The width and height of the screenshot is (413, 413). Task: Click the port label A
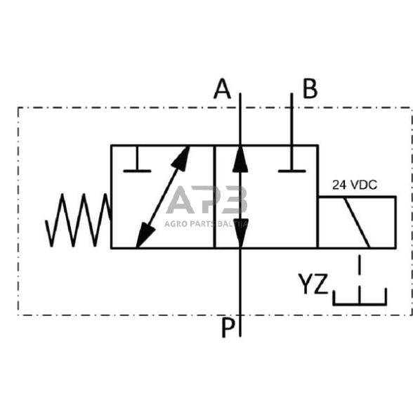click(x=223, y=90)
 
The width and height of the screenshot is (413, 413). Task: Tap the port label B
click(x=310, y=90)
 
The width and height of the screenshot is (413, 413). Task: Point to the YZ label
click(x=313, y=284)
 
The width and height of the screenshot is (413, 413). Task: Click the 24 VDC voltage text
click(x=355, y=185)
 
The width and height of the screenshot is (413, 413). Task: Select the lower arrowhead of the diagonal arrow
click(x=143, y=237)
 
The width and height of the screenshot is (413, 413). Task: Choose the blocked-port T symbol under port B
click(x=292, y=165)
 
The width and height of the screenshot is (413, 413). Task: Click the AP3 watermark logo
click(x=208, y=200)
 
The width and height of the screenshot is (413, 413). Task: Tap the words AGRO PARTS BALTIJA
click(x=208, y=224)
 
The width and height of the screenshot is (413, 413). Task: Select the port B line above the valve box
click(x=292, y=119)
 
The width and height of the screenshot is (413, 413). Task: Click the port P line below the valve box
click(x=240, y=288)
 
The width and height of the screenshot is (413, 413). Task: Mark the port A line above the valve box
click(x=240, y=119)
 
